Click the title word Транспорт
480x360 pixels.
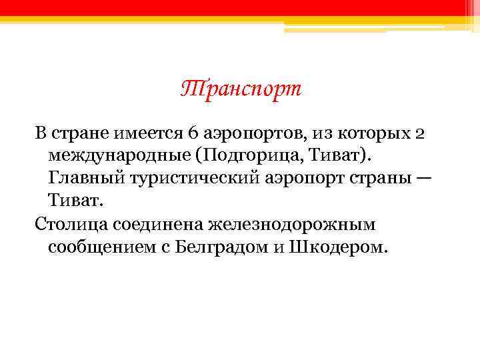pyautogui.click(x=241, y=89)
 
